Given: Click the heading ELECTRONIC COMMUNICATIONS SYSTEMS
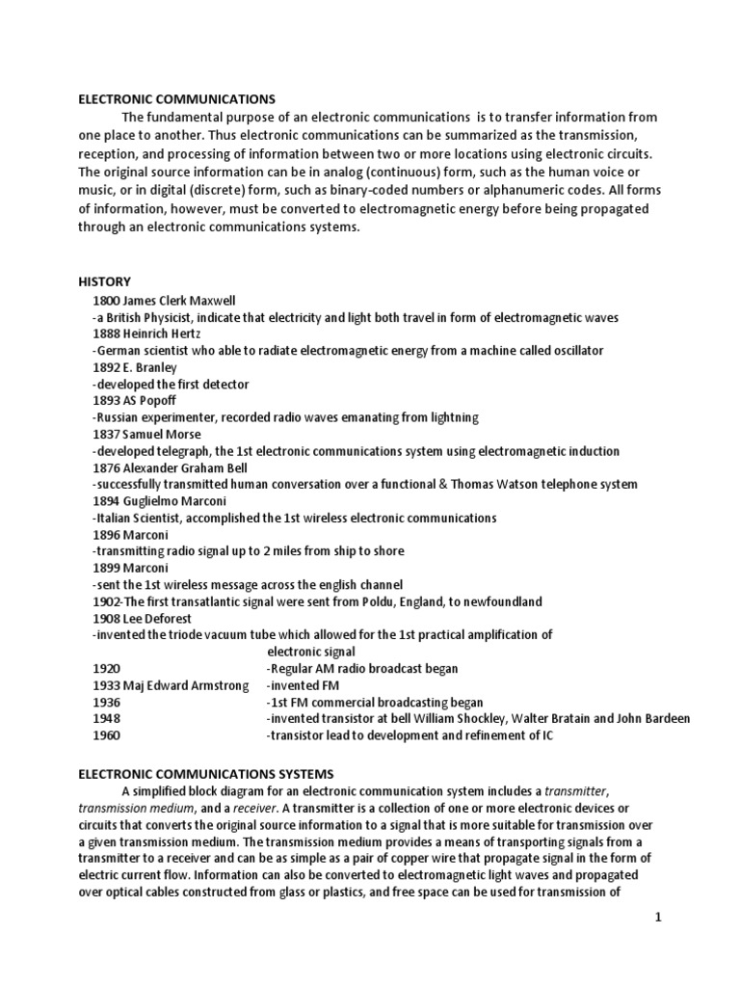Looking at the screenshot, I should click(205, 773).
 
